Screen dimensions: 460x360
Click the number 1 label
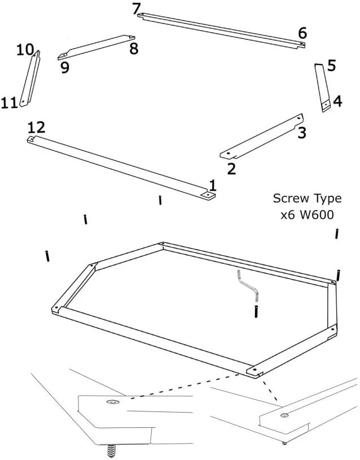[x=213, y=185]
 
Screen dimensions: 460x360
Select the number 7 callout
[x=135, y=8]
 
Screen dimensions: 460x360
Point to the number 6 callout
[x=302, y=33]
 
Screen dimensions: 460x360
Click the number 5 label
[x=331, y=65]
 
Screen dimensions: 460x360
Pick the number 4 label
[x=337, y=101]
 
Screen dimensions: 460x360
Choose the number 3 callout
[x=302, y=132]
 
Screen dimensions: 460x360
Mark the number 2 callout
[x=231, y=168]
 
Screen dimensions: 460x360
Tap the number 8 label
[x=134, y=48]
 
